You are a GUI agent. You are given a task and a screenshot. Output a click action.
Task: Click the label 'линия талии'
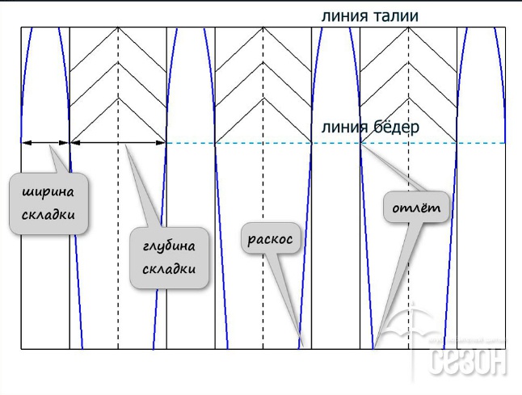coord(369,15)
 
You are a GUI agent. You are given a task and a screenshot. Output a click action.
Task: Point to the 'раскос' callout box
coord(270,240)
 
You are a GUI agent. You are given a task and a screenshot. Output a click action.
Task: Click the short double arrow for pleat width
coord(46,143)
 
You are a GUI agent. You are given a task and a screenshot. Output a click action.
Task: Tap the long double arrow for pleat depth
coord(118,143)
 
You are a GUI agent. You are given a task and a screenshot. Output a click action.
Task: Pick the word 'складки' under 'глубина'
coord(169,268)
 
